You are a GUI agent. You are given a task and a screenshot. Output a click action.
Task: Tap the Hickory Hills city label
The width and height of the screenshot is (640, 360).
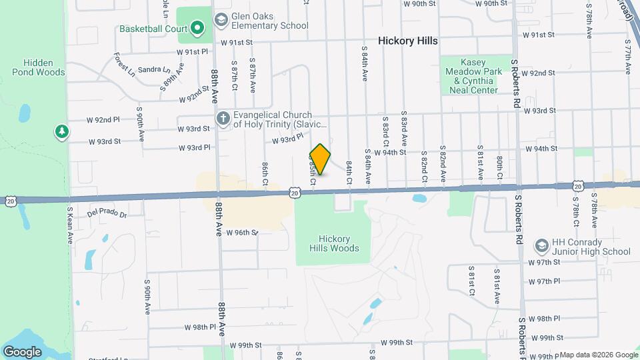point(408,41)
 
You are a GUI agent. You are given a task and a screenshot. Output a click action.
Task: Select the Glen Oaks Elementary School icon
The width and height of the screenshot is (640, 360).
point(220,21)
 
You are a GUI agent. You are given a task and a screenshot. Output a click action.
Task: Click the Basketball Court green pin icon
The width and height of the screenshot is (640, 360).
point(197,29)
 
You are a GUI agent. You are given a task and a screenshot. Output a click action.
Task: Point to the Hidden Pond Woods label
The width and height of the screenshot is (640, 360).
point(38,67)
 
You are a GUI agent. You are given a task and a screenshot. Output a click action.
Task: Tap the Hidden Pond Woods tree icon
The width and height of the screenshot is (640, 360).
point(62,132)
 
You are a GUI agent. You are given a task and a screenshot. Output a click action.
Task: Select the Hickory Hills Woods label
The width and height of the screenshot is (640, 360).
point(334,243)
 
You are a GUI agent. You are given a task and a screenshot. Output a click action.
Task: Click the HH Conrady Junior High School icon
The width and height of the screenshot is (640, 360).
point(541,247)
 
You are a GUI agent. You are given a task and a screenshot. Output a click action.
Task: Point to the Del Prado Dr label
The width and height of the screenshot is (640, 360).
point(107,215)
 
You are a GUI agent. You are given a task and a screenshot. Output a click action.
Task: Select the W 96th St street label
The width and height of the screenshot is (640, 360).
point(241,233)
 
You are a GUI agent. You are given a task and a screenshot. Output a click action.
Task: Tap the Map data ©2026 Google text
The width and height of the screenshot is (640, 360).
point(598,355)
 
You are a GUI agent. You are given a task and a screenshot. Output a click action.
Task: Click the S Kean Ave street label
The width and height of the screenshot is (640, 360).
point(69,225)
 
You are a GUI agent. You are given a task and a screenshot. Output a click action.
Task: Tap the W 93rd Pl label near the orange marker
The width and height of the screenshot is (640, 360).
point(287,138)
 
